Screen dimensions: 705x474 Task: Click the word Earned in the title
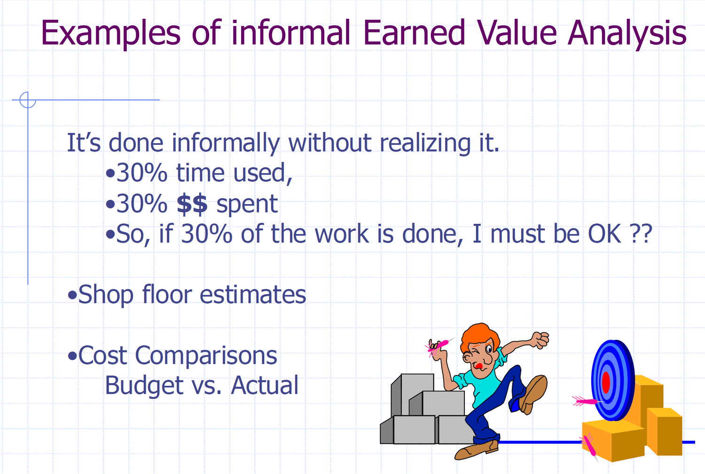(x=414, y=32)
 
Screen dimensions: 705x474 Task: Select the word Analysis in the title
(x=627, y=34)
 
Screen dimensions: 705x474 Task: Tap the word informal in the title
(x=291, y=32)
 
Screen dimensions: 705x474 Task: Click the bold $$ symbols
(x=192, y=204)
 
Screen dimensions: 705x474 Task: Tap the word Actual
(x=264, y=385)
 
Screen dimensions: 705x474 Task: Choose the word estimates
(x=253, y=295)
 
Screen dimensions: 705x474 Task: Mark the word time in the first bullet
(x=200, y=173)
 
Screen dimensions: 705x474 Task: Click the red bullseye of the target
(x=606, y=382)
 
